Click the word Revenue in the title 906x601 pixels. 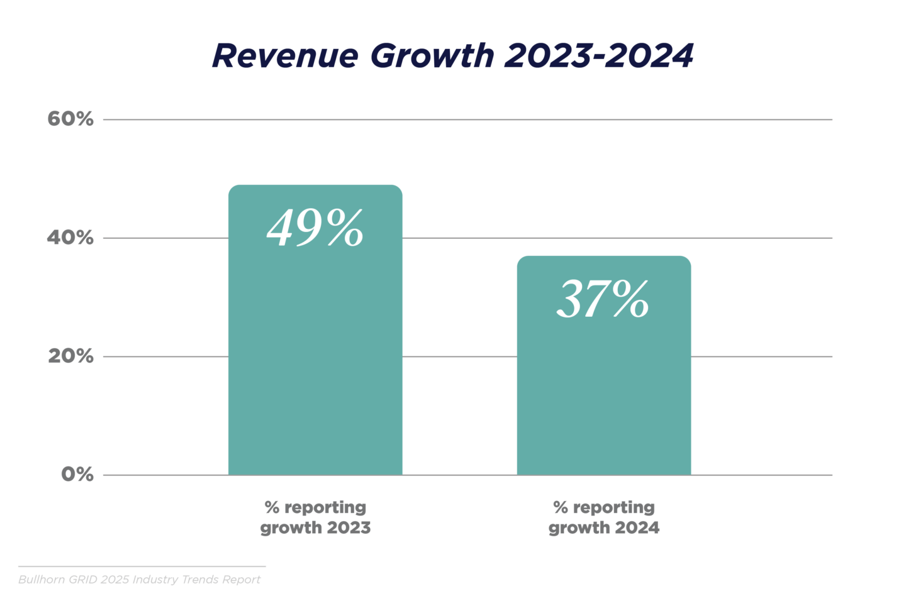284,56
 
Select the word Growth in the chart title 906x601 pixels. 432,56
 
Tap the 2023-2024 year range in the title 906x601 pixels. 598,56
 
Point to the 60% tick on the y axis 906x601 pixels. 70,119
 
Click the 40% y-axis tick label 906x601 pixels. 70,238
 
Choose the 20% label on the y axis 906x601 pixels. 70,356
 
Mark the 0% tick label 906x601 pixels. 77,475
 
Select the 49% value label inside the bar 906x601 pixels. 315,228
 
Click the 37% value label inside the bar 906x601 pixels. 603,299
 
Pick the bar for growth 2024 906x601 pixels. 603,390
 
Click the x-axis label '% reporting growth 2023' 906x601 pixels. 315,517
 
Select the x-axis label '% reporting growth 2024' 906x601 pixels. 603,517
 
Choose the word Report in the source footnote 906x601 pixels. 242,580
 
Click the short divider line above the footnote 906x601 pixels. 142,566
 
